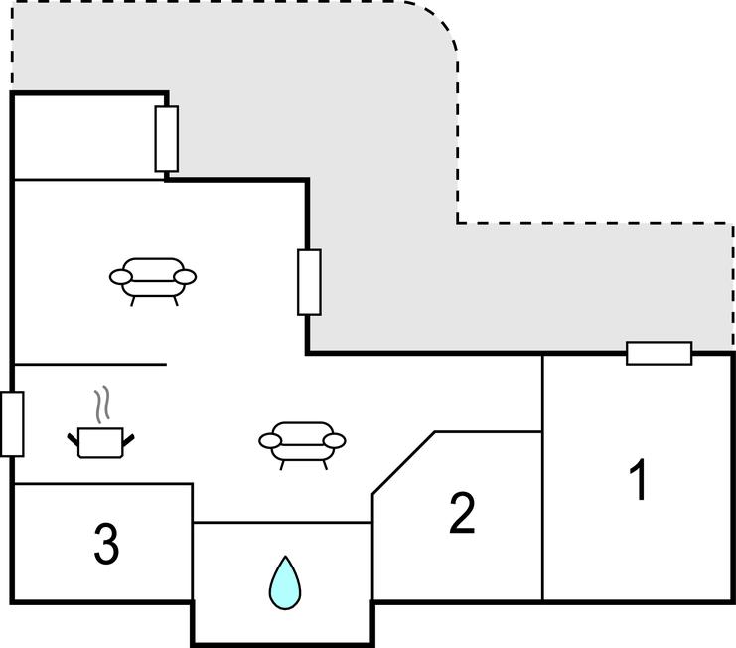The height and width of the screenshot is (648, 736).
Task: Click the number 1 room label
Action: [640, 480]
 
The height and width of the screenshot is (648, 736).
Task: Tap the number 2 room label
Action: [462, 513]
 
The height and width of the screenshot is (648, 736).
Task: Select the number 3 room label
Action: [106, 544]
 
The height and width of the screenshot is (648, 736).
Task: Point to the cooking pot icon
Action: [100, 441]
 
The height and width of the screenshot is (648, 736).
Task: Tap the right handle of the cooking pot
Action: [129, 435]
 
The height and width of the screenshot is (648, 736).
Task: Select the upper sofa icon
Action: [152, 277]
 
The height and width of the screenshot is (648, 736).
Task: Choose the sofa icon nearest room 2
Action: [302, 441]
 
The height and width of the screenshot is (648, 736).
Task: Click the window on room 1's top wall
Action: [659, 353]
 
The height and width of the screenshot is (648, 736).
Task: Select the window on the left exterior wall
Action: [12, 423]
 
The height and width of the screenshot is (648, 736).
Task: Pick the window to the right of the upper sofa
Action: [309, 282]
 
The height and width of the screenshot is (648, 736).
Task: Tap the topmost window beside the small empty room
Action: [167, 138]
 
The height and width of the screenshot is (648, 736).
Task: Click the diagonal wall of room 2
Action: [403, 462]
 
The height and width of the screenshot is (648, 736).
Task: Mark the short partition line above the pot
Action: [89, 365]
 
